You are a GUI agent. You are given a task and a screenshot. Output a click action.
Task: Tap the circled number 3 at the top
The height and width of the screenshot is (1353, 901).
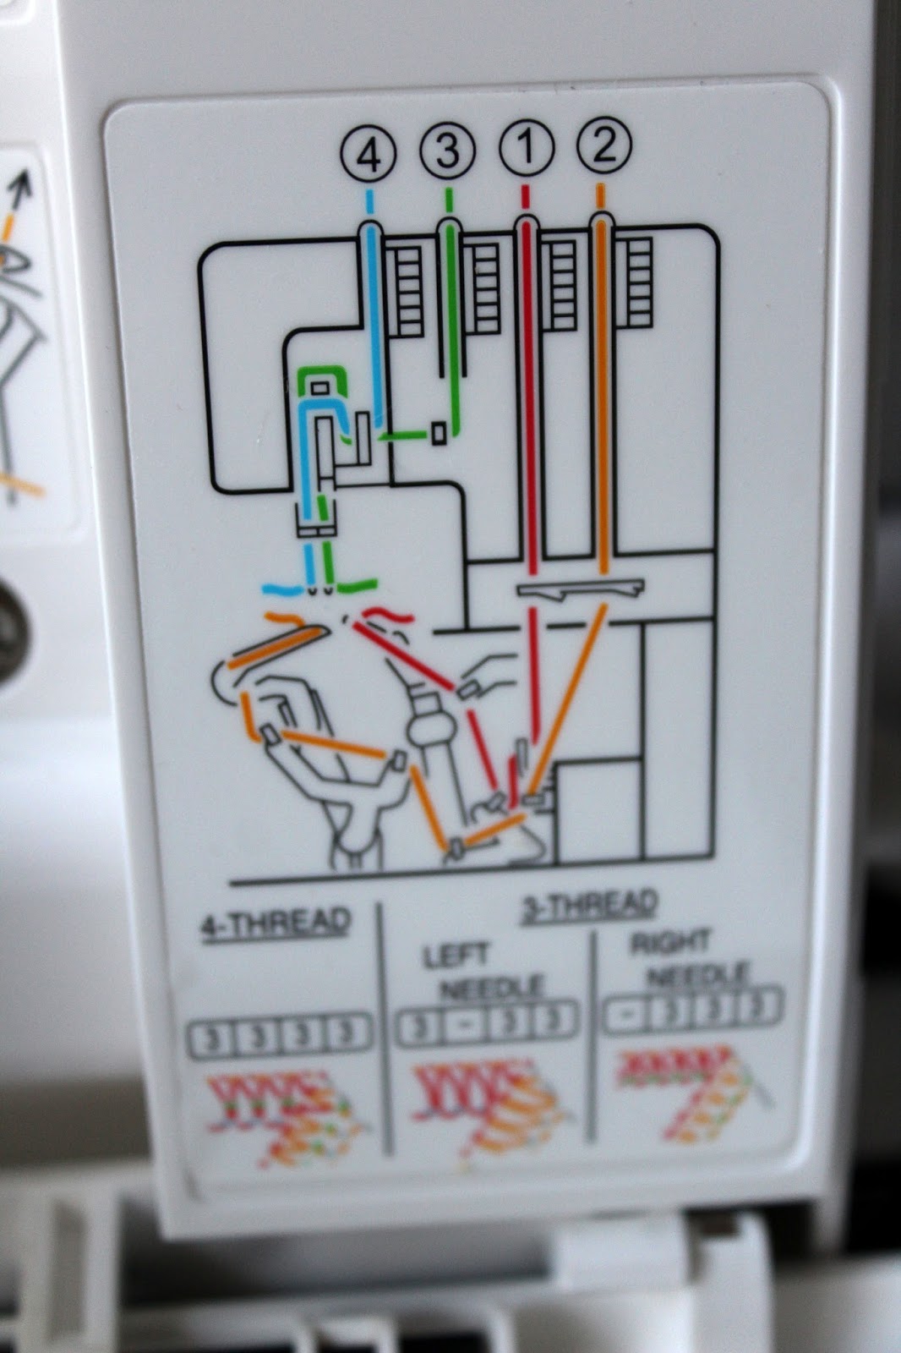(447, 151)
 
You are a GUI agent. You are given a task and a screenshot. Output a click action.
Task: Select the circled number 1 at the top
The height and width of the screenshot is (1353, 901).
(527, 148)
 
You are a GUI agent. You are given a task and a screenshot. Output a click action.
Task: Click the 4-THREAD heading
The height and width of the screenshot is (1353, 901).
(276, 923)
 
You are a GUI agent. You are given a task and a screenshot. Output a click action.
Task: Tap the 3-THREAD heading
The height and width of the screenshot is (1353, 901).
(590, 906)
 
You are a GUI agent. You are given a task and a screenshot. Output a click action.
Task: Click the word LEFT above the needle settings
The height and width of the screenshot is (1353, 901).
(456, 956)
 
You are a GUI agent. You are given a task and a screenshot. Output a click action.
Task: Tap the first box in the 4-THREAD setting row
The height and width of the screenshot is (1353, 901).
(210, 1039)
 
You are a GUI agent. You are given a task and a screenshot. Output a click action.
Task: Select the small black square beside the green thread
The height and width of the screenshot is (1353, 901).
(439, 432)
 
